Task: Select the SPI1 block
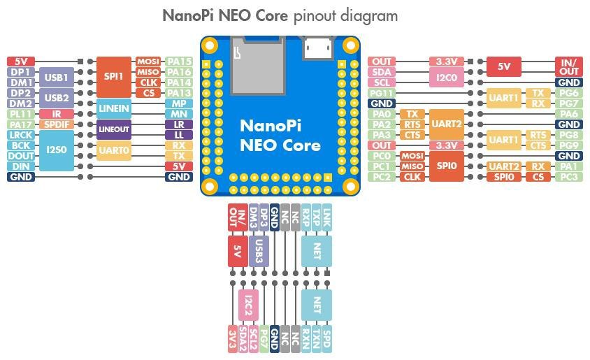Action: pos(113,77)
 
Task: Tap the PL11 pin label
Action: pos(19,114)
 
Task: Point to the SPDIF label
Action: pos(56,124)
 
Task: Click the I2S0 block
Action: pos(56,150)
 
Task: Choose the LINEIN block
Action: pos(113,108)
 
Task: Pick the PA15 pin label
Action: pos(179,62)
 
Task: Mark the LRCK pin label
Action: pos(19,135)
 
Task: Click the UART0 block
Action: pos(113,150)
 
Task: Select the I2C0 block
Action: pos(447,77)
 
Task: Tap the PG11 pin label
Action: pos(382,93)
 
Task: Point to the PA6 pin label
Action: pos(569,114)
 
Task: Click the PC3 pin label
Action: pos(569,177)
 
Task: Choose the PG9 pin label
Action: pos(569,145)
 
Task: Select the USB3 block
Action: pos(259,250)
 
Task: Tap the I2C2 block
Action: pos(248,305)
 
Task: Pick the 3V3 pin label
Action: pos(232,338)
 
